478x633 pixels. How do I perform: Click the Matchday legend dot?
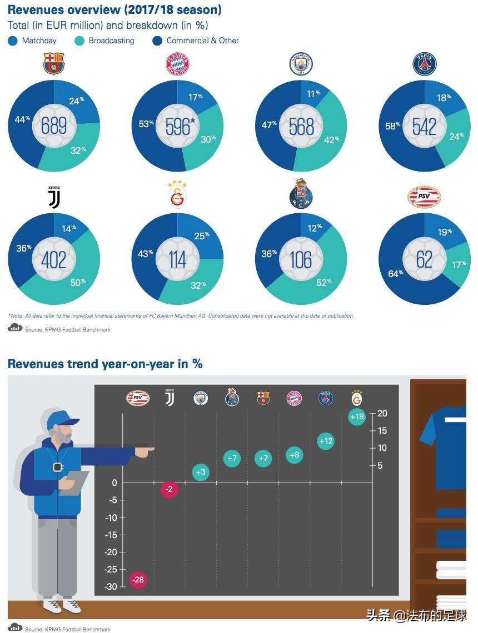(12, 41)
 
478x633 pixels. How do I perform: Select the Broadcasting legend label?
(111, 41)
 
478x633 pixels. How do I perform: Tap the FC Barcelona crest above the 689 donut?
(54, 64)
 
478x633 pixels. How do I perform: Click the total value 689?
(54, 126)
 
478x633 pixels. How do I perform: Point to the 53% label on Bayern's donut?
(147, 124)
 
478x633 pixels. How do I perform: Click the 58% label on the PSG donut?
(394, 126)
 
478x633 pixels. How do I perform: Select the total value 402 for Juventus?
(54, 260)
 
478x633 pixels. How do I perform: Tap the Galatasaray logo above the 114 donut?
(177, 194)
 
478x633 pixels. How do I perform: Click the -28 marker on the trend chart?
(137, 580)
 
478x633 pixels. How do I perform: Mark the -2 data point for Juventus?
(170, 490)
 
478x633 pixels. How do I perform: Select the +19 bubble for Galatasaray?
(357, 417)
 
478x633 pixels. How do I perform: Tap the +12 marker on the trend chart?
(326, 441)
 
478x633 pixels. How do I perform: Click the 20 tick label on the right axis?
(382, 414)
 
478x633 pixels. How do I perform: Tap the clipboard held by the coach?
(74, 482)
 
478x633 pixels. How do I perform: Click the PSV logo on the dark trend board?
(137, 398)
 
